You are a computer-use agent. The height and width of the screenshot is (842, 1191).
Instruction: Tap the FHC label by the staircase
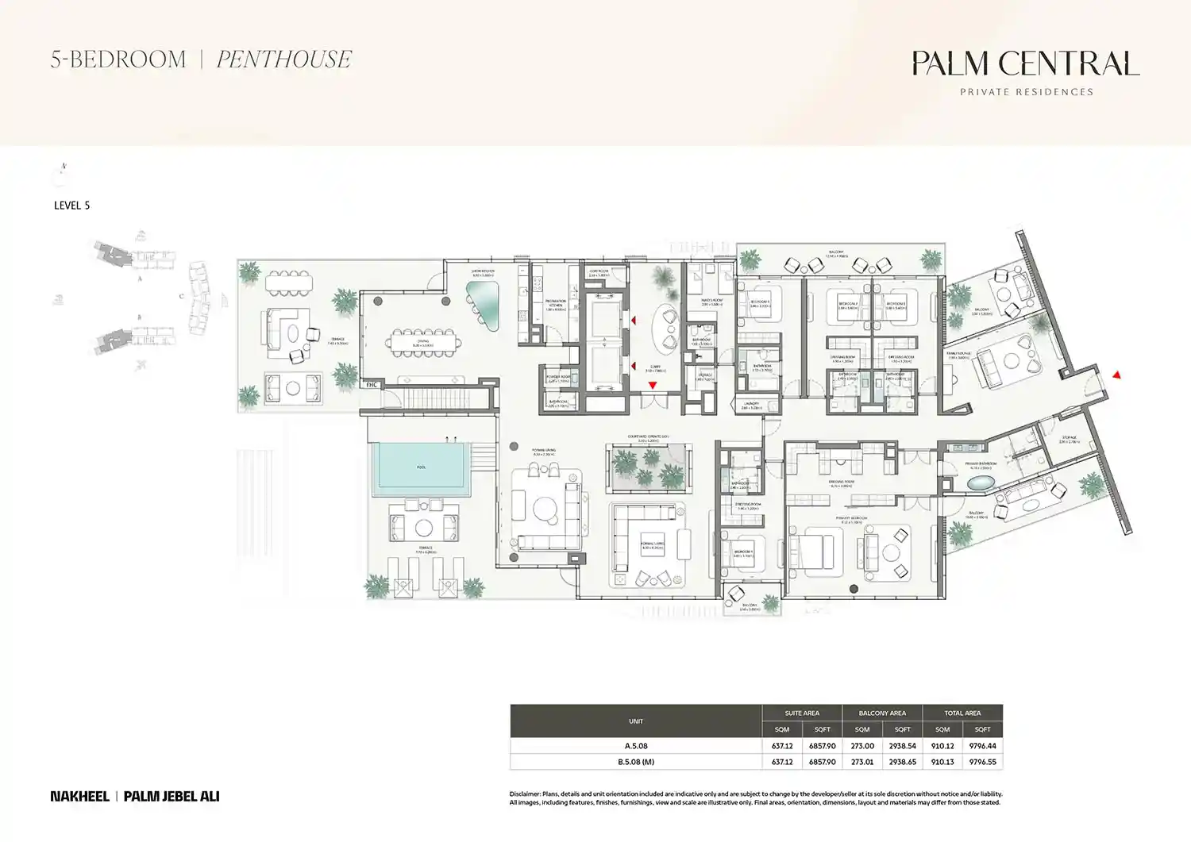[x=371, y=385]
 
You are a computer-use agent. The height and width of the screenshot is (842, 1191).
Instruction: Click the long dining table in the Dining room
[x=423, y=343]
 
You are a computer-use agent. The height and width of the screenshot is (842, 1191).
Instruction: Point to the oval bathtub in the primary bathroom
[x=981, y=483]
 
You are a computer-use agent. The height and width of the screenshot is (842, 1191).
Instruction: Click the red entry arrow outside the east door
[x=1116, y=375]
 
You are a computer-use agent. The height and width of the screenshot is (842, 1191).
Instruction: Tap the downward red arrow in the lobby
[x=653, y=386]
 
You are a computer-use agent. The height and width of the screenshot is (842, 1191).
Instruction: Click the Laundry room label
[x=751, y=405]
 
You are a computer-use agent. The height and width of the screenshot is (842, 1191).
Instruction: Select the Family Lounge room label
[x=958, y=355]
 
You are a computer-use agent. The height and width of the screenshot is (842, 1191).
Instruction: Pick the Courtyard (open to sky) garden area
[x=649, y=468]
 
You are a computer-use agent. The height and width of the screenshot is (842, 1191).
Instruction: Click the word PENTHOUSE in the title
[x=283, y=60]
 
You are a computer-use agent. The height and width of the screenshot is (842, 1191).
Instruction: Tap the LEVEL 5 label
[x=71, y=206]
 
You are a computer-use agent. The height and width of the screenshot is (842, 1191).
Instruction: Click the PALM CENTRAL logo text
[x=1025, y=63]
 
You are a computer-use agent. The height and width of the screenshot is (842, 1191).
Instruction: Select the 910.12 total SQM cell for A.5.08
[x=942, y=746]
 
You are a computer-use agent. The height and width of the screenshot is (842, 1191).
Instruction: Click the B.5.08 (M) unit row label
[x=636, y=762]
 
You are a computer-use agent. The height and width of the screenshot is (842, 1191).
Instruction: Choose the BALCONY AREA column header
[x=882, y=713]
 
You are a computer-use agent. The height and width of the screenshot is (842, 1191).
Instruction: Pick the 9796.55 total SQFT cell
[x=982, y=762]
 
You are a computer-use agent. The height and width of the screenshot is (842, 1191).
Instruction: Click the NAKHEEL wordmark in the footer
[x=79, y=796]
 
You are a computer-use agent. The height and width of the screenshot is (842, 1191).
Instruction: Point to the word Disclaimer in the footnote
[x=525, y=794]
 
